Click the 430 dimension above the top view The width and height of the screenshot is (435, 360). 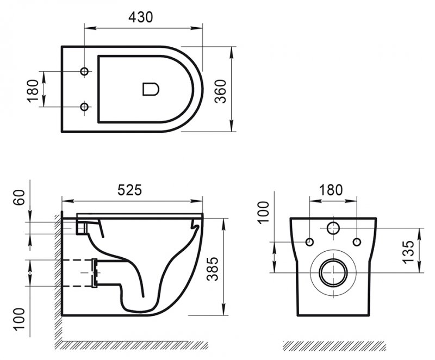[x=140, y=17]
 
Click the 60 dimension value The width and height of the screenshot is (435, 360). [x=18, y=197]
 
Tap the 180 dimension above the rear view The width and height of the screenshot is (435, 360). [x=331, y=190]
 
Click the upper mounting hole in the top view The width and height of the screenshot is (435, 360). [x=84, y=72]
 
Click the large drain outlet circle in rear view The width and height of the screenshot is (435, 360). [x=333, y=271]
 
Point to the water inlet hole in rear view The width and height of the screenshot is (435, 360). [x=333, y=229]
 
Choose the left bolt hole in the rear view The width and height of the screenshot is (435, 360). [x=310, y=241]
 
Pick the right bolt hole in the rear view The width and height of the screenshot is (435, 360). [x=357, y=241]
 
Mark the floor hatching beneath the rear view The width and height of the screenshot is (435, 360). [x=334, y=346]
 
